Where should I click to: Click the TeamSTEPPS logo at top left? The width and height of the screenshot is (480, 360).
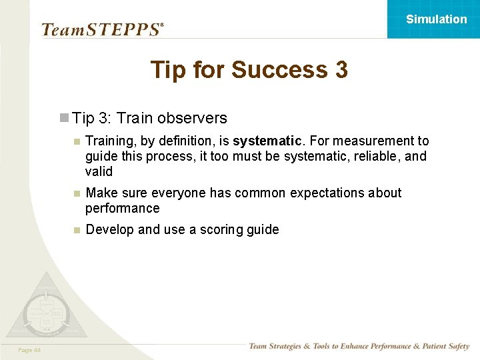tap(102, 29)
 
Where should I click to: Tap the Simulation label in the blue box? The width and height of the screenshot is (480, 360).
tap(436, 19)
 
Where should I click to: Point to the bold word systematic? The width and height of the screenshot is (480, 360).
tap(267, 141)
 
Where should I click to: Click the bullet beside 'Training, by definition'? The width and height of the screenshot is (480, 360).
tap(77, 141)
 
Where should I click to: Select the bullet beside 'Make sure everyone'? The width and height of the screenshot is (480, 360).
tap(77, 193)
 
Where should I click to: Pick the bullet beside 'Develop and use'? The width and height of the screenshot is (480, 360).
tap(77, 230)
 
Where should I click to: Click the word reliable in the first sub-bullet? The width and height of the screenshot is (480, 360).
tap(379, 157)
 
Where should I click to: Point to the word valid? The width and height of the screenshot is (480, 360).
tap(99, 171)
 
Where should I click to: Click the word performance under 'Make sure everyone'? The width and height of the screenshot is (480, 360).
tap(122, 209)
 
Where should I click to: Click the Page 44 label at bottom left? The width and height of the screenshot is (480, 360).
tap(29, 350)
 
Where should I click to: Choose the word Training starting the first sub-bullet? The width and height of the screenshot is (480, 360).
tap(110, 141)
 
